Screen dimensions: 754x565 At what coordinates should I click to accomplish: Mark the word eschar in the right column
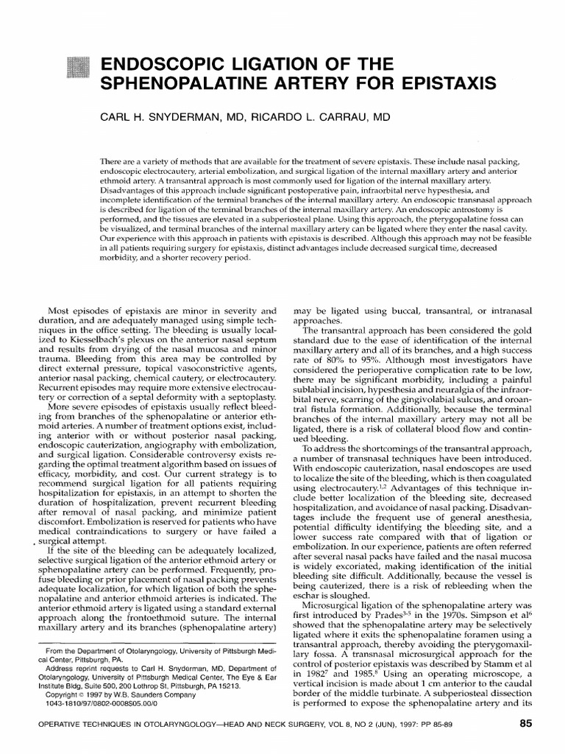(x=310, y=594)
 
